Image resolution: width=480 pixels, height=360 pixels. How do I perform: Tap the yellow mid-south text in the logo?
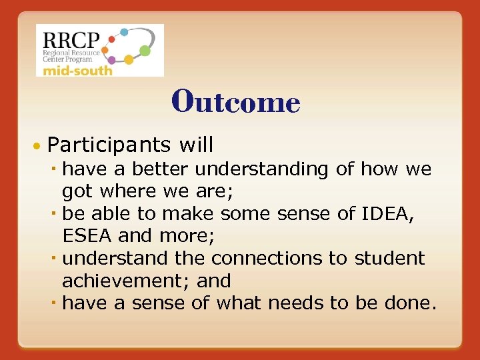point(75,70)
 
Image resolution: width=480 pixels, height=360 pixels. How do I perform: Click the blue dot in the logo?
point(124,31)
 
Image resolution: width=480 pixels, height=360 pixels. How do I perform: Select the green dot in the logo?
point(145,50)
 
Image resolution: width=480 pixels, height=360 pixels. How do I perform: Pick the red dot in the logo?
point(111,39)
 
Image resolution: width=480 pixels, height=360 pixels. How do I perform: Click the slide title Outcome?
point(236,102)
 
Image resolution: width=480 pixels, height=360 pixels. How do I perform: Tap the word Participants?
point(109,145)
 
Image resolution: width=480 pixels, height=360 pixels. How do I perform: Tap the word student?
point(389,257)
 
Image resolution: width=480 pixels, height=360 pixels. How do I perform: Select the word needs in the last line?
point(296,303)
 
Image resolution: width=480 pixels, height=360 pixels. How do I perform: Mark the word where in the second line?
point(129,192)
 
